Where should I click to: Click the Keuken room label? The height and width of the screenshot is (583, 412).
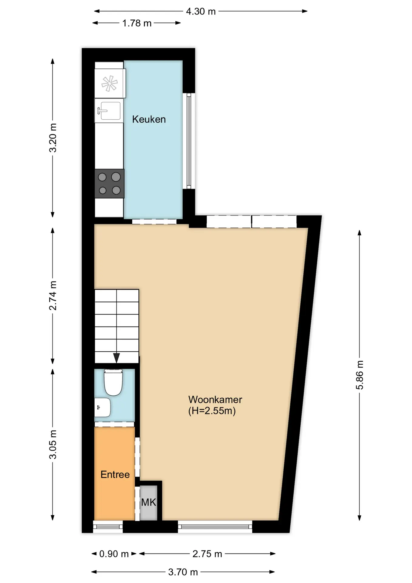pos(149,119)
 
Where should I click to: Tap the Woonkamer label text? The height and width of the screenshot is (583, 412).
pos(215,400)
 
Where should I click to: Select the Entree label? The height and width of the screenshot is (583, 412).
pos(115,475)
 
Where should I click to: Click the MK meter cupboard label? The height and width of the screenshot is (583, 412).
pos(149,503)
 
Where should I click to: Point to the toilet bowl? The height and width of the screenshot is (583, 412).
pos(113,382)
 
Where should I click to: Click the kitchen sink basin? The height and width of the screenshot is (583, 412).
pos(109,111)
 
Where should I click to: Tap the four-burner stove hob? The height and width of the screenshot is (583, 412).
pos(109,184)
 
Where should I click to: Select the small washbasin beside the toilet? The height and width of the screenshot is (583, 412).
pos(102,407)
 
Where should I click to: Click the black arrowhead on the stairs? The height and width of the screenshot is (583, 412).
pos(116,358)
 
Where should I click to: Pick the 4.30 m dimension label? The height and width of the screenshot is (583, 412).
pos(201,12)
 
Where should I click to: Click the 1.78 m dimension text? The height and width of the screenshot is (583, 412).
pos(137,23)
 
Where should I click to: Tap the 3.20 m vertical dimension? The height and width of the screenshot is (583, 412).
pos(53,138)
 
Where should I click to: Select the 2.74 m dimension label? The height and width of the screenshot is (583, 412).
pos(53,296)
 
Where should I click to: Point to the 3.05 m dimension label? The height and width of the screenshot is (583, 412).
pos(53,445)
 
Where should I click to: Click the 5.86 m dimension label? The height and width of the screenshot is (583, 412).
pos(360,375)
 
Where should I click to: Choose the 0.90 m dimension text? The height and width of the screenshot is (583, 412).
pos(114,554)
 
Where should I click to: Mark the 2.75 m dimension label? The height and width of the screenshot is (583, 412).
pos(207,554)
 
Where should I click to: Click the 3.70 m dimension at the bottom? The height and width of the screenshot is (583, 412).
pos(183,572)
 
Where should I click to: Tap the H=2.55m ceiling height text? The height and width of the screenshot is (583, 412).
pos(212,411)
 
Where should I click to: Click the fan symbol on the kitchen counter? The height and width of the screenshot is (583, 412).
pos(110,84)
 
